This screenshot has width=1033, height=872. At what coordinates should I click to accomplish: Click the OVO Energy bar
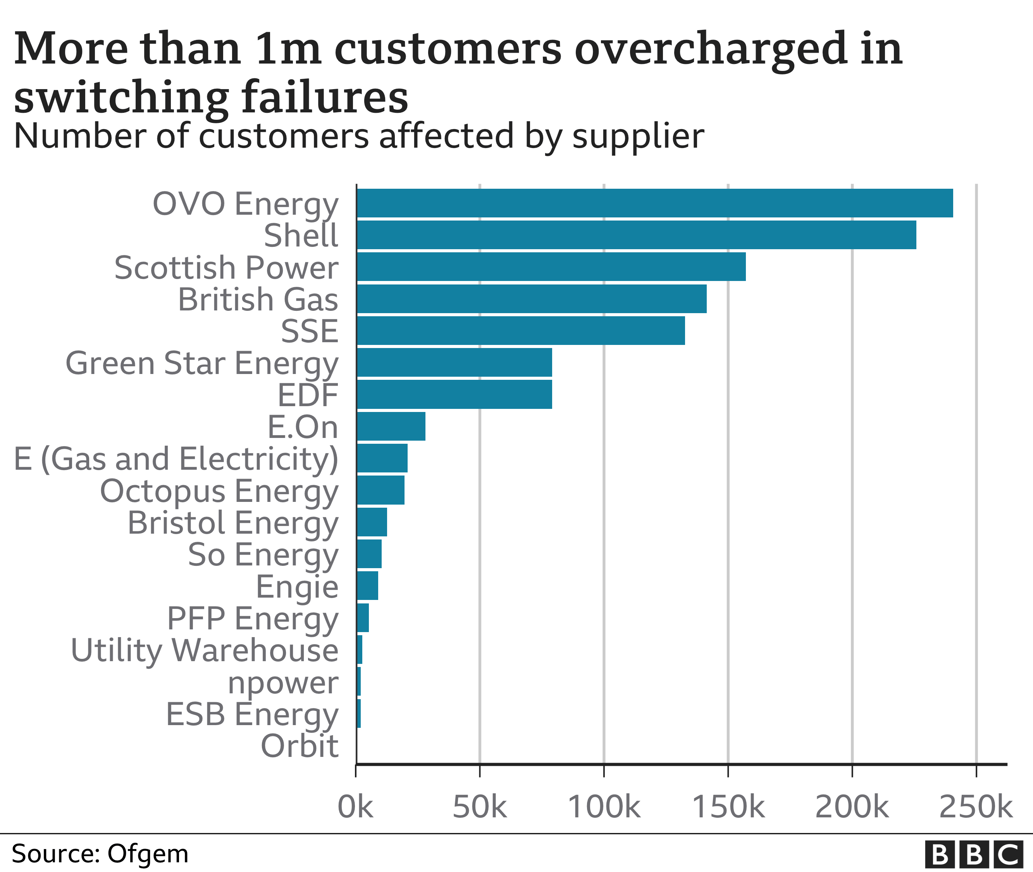pos(654,203)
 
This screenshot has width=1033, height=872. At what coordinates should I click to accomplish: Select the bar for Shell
pos(636,235)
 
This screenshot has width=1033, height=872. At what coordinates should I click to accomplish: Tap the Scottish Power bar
pos(551,267)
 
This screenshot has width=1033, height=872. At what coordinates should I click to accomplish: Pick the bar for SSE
pos(520,330)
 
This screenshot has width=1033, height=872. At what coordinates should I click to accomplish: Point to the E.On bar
pos(391,426)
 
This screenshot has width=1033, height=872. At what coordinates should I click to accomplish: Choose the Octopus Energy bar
pos(380,490)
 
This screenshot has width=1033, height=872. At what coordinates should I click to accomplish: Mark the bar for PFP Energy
pos(362,617)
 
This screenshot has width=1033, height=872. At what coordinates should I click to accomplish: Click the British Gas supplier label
pos(258,300)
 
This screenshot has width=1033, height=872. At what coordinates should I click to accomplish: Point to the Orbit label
pos(300,746)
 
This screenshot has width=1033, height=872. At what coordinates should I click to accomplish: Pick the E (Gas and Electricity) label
pos(176,459)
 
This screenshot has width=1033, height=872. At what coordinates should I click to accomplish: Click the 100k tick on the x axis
pos(604,807)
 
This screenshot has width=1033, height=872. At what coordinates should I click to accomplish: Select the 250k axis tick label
pos(976,807)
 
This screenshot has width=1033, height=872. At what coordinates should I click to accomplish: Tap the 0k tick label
pos(355,807)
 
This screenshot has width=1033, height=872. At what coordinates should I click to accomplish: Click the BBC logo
pos(973,854)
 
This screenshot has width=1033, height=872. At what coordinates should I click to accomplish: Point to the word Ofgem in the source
pos(148,854)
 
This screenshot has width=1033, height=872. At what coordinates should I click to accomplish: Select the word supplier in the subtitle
pos(638,136)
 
